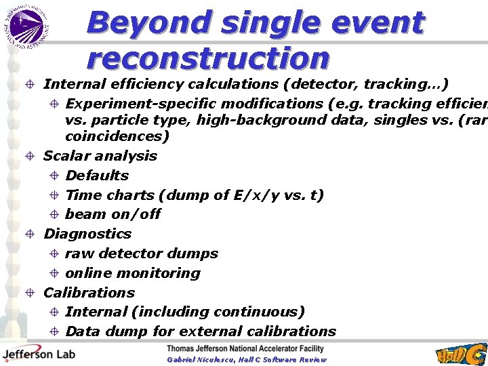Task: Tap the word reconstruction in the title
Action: tap(208, 58)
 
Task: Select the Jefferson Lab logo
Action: tap(39, 354)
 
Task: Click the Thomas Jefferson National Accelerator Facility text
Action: tap(245, 349)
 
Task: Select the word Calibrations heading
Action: tap(89, 293)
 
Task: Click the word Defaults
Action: tap(97, 176)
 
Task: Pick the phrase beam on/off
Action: tap(113, 214)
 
